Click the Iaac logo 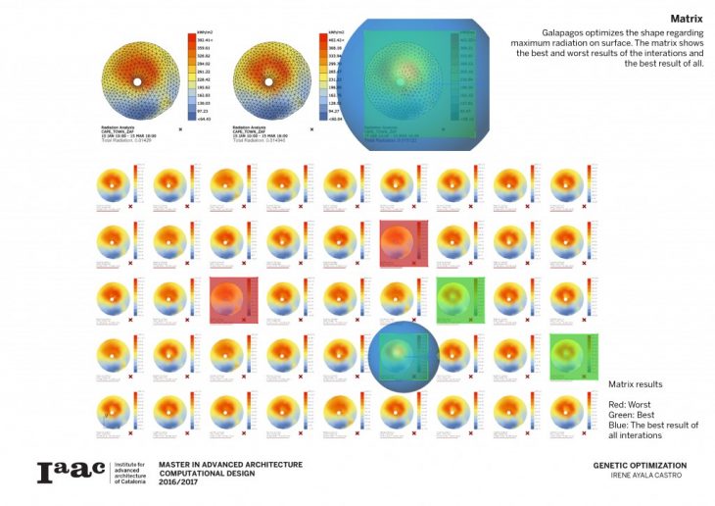[70, 472]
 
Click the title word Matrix [686, 19]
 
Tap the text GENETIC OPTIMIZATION [640, 466]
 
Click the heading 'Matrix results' [636, 384]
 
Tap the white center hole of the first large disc [136, 81]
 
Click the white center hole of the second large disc [267, 81]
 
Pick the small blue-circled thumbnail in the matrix [405, 354]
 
